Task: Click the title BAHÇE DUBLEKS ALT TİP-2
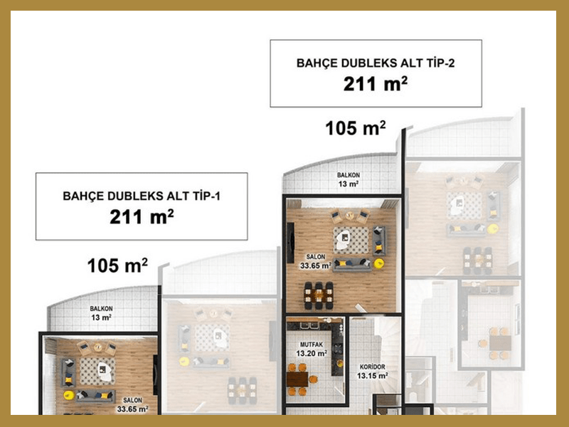coord(376,63)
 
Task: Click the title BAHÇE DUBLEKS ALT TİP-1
coord(142,196)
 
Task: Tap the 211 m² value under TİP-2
coord(376,84)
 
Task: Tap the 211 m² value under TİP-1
coord(142,217)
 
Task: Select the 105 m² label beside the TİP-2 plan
coord(356,128)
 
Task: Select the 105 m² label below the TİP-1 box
coord(117,265)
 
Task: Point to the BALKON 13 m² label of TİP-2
coord(349,180)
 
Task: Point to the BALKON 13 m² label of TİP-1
coord(101,313)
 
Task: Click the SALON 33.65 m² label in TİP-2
coord(315,262)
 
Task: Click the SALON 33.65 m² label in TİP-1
coord(132,405)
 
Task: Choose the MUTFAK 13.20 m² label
coord(312,349)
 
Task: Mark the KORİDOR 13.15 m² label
coord(372,371)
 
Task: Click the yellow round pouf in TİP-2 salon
coord(379,263)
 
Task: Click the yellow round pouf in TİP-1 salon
coord(68,395)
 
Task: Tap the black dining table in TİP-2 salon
coord(319,296)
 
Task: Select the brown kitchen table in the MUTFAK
coord(297,379)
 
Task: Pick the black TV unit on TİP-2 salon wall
coord(290,243)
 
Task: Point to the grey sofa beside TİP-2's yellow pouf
coord(352,265)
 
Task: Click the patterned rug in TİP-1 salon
coord(97,371)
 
